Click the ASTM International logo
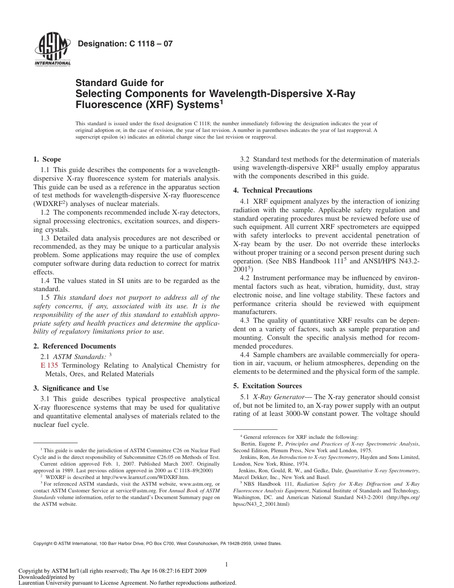pyautogui.click(x=53, y=51)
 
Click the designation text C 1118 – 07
pyautogui.click(x=125, y=44)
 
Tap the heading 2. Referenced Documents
pyautogui.click(x=75, y=346)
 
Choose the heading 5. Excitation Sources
pyautogui.click(x=268, y=386)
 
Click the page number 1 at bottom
pyautogui.click(x=227, y=565)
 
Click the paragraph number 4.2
pyautogui.click(x=245, y=278)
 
